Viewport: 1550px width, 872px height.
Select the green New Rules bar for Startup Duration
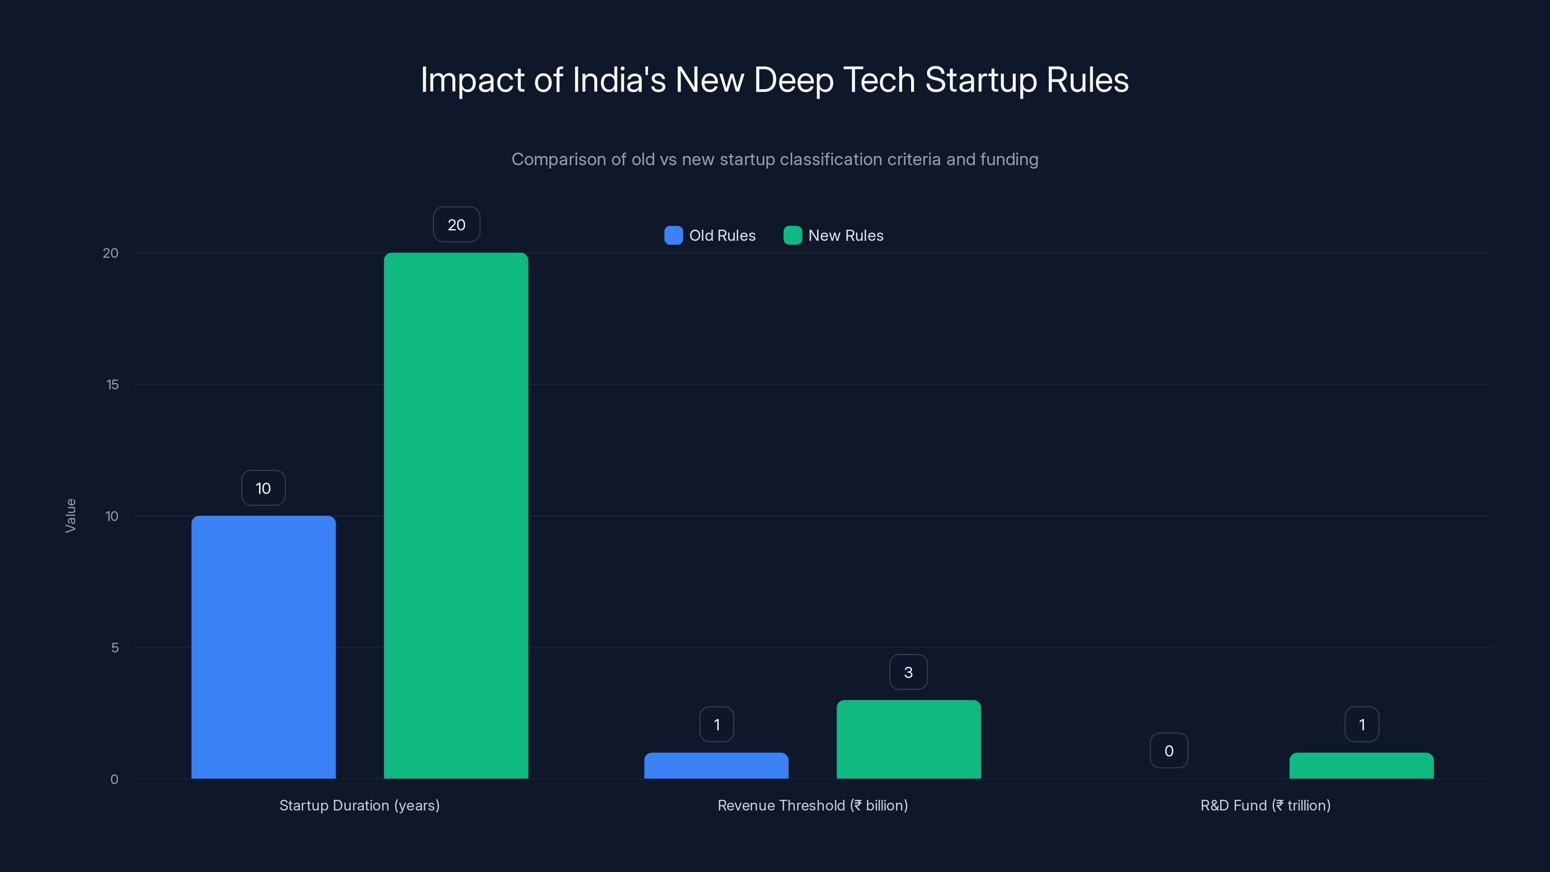[456, 516]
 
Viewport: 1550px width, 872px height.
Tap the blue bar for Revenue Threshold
[716, 765]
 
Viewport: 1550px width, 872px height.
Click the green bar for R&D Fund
[1361, 765]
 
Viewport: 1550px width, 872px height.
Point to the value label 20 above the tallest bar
[457, 224]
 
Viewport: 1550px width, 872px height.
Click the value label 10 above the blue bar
[263, 488]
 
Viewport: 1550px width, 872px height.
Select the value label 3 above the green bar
[909, 672]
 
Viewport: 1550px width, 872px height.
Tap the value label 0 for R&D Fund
[1168, 750]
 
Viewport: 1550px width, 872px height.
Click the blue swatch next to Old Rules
[673, 235]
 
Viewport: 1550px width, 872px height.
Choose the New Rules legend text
[845, 235]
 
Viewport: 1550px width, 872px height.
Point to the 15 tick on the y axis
[112, 385]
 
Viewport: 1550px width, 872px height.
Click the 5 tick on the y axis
[114, 648]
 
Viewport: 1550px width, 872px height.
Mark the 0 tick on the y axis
[114, 779]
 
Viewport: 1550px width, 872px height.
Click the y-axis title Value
[70, 516]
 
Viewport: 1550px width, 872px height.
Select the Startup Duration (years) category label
[359, 805]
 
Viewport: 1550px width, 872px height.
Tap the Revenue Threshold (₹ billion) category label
[812, 805]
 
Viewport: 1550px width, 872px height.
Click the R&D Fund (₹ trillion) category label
[1265, 805]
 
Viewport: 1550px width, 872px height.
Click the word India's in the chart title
[619, 80]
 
